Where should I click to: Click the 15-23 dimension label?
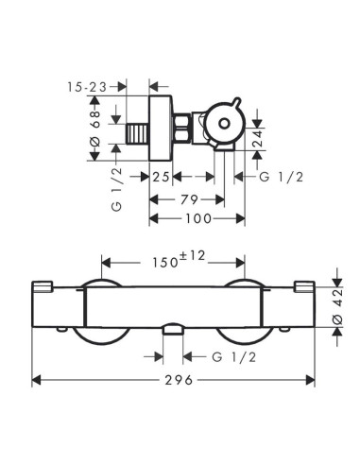pos(87,87)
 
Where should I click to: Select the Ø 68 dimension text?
pos(94,129)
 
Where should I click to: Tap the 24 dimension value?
pos(258,139)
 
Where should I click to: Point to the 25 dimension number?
pos(161,177)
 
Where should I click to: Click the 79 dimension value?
pos(190,199)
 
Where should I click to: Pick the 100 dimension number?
pos(198,218)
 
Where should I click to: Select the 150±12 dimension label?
pos(179,259)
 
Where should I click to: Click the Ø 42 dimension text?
pos(337,307)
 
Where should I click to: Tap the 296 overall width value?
pos(179,380)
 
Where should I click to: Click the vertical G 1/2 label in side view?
pos(116,189)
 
